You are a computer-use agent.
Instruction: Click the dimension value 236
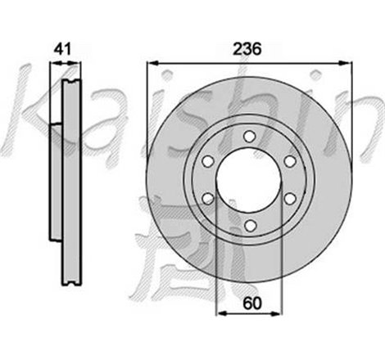248,49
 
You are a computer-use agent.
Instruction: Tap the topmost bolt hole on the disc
248,136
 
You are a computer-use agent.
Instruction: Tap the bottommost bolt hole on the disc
248,221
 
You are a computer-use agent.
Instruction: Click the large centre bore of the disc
248,178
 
